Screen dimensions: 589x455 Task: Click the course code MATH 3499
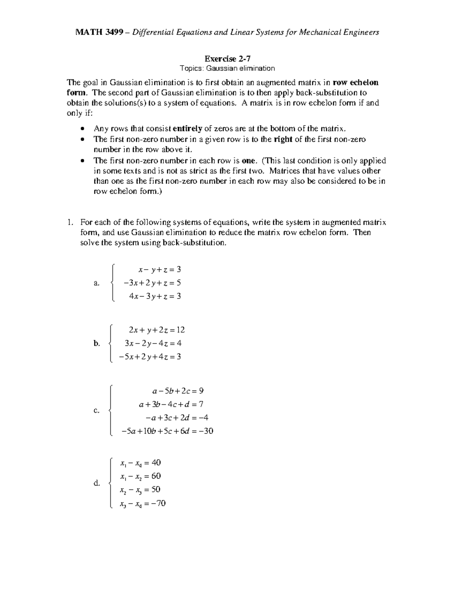(x=99, y=32)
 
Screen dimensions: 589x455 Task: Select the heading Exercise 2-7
(x=227, y=59)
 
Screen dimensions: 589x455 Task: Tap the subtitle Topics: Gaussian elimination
(x=227, y=69)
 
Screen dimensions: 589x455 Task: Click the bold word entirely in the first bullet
(x=187, y=129)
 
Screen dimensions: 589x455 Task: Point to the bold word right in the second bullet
(x=283, y=139)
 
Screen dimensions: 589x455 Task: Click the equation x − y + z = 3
(x=160, y=270)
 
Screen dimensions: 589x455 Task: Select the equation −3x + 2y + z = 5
(x=152, y=283)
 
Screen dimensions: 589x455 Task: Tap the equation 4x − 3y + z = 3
(x=155, y=296)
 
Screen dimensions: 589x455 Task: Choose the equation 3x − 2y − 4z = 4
(x=153, y=343)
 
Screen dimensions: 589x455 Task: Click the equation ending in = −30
(x=167, y=431)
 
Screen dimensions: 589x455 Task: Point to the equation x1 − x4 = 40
(x=140, y=463)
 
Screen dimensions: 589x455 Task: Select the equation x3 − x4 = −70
(x=143, y=504)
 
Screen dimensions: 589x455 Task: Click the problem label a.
(x=96, y=283)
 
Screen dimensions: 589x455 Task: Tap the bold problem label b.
(x=96, y=343)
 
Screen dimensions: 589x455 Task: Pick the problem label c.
(x=96, y=411)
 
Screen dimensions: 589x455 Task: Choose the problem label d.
(x=96, y=483)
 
